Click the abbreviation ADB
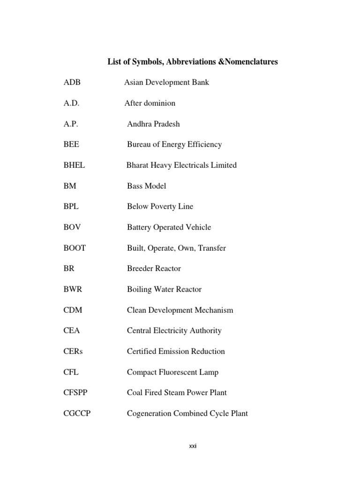(x=72, y=82)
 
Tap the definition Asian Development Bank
(x=166, y=82)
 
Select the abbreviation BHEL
(x=74, y=165)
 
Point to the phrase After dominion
(x=150, y=103)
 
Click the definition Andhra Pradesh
(x=153, y=124)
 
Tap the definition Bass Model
(x=146, y=186)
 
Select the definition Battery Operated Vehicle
(x=169, y=227)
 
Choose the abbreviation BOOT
(x=75, y=248)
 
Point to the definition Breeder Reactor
(x=154, y=269)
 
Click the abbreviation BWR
(x=73, y=289)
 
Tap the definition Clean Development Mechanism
(x=180, y=310)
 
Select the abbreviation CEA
(x=72, y=330)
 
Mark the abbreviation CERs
(x=73, y=351)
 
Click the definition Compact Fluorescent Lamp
(x=172, y=372)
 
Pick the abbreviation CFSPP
(x=75, y=393)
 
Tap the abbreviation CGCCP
(x=77, y=413)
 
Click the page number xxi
(x=193, y=446)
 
